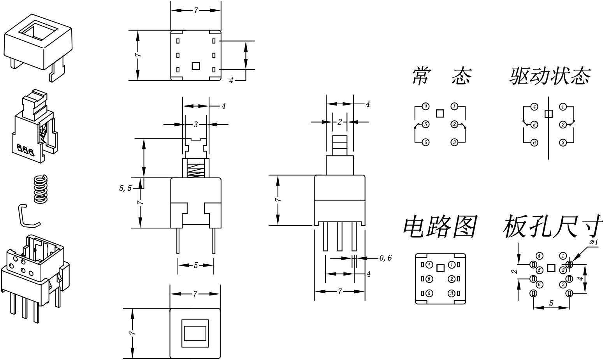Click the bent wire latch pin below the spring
tap(27, 216)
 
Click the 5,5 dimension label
tap(125, 188)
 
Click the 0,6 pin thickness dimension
tap(385, 258)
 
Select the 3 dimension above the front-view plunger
tap(196, 124)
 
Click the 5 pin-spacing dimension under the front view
tap(196, 265)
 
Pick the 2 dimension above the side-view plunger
tap(339, 122)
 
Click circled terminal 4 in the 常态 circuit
tap(426, 107)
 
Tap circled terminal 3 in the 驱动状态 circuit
tap(563, 142)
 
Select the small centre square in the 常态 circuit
tap(440, 113)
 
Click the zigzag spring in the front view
tap(195, 170)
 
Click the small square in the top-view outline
tap(196, 66)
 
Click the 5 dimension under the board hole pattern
tap(551, 303)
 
